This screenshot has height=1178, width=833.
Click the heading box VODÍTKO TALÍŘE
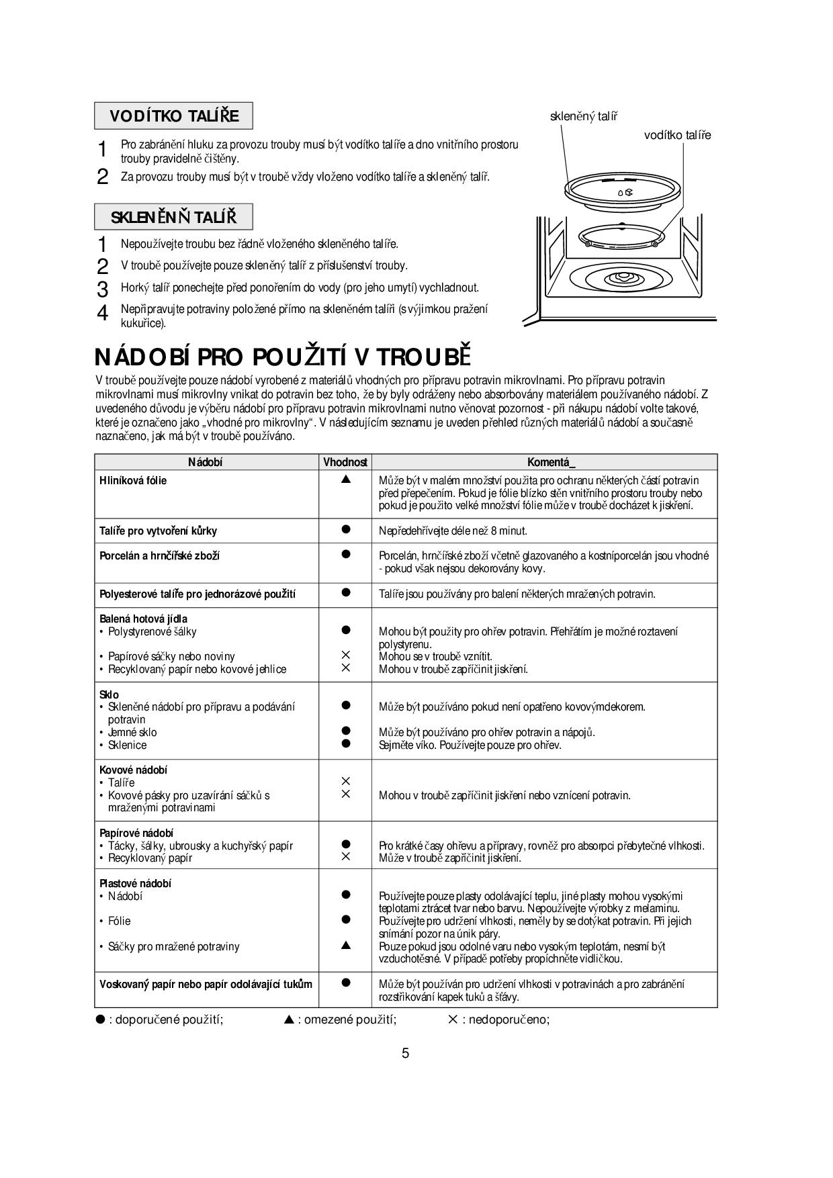point(174,116)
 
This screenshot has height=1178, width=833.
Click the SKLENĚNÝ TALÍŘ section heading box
point(173,217)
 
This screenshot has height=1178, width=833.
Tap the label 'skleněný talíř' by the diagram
point(583,116)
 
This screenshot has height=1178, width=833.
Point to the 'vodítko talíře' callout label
point(676,135)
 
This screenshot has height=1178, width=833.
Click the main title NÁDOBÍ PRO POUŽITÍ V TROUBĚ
point(283,356)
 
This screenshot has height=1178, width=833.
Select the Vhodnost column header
point(345,462)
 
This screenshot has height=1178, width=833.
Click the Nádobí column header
point(206,462)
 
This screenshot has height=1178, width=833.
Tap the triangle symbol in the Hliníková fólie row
point(346,480)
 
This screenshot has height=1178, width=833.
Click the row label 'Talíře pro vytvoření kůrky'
point(159,531)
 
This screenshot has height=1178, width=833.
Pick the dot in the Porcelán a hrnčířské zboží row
point(346,554)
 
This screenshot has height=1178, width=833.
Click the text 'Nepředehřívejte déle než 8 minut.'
point(453,531)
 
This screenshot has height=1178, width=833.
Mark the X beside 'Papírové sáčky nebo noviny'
point(346,655)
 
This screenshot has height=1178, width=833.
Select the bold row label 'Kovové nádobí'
point(133,770)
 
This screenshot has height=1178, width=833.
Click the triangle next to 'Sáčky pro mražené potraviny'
point(346,946)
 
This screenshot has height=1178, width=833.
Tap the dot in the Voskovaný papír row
point(346,983)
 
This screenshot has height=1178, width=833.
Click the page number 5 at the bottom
point(405,1053)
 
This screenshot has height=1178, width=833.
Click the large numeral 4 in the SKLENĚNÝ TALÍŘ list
point(102,313)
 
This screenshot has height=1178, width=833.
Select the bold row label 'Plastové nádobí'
point(135,883)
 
